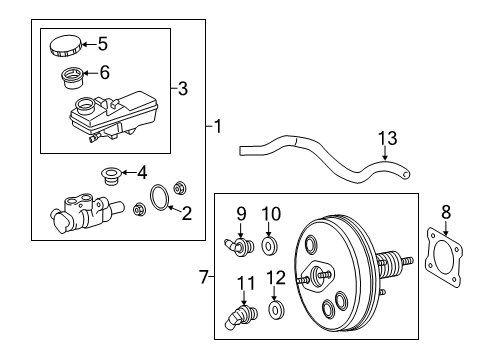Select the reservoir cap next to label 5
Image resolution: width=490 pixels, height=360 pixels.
(62, 46)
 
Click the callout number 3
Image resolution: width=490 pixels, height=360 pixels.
(181, 89)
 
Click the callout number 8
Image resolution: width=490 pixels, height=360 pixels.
(446, 211)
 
